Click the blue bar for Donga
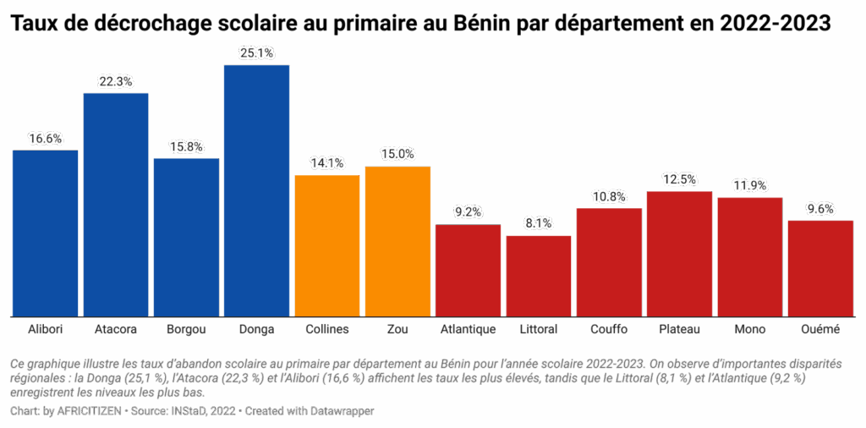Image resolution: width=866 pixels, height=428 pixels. tap(256, 190)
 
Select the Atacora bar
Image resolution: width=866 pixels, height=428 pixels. tap(116, 204)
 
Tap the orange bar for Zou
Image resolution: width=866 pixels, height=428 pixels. tap(397, 241)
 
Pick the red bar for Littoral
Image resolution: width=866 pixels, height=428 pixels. tap(539, 276)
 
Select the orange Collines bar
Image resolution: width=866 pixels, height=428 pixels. tap(327, 245)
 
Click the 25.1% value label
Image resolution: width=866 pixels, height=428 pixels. tap(256, 53)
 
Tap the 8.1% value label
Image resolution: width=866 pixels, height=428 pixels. tap(539, 224)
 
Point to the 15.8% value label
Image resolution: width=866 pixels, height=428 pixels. tap(186, 146)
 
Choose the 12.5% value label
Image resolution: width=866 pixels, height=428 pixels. tap(679, 179)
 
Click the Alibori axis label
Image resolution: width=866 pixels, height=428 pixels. tap(45, 328)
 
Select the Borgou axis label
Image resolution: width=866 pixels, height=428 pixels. tap(186, 328)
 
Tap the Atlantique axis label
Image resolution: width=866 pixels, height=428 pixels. tap(468, 328)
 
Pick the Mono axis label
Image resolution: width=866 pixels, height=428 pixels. tap(749, 328)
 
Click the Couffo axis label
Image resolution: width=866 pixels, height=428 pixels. tap(609, 328)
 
